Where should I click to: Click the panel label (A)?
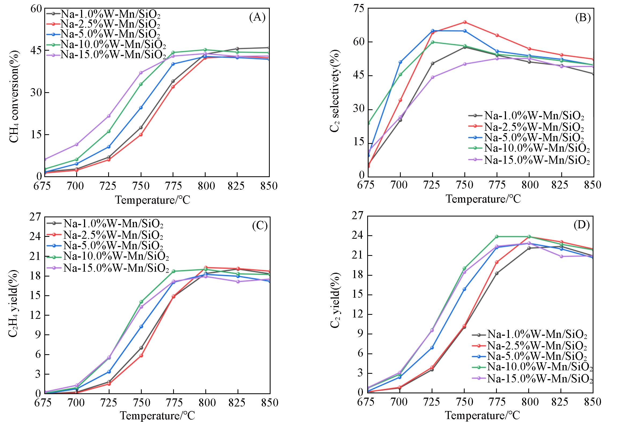[x=257, y=17]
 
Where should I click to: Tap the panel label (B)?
[x=583, y=17]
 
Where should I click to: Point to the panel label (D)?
[x=581, y=225]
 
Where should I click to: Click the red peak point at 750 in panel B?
[x=465, y=22]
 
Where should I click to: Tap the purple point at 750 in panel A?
[x=141, y=73]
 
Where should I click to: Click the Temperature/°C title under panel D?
[x=483, y=415]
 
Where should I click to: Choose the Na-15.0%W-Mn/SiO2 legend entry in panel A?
[x=113, y=54]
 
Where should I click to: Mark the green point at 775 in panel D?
[x=497, y=237]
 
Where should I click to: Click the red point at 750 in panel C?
[x=141, y=356]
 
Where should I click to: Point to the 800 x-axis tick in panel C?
[x=206, y=402]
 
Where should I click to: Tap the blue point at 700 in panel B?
[x=400, y=62]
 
